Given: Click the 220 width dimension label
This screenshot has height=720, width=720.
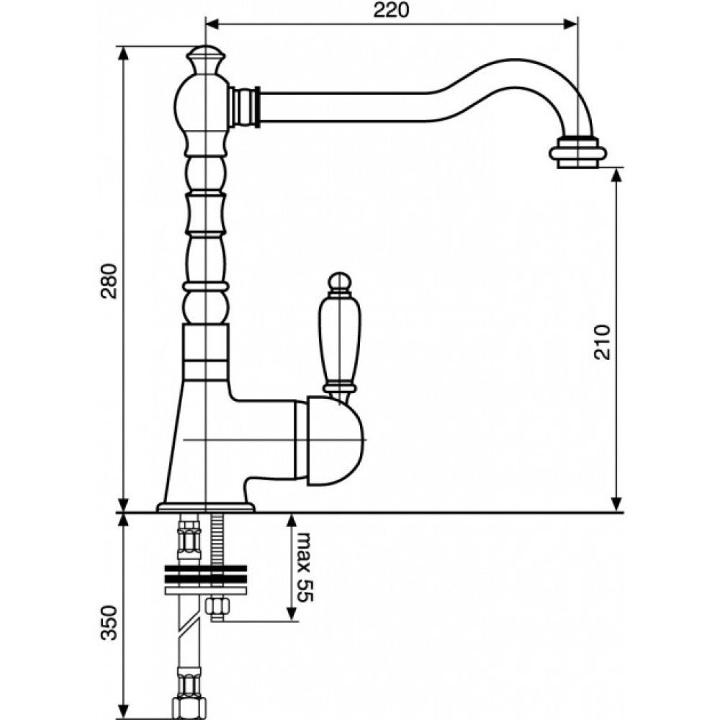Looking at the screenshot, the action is click(x=391, y=10).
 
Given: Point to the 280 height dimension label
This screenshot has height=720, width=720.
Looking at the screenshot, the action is click(x=109, y=281).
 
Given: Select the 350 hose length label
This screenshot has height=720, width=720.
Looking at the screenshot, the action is click(x=109, y=623).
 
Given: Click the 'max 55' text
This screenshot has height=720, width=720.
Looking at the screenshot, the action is click(x=305, y=567).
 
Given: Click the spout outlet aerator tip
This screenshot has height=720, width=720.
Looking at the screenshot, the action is click(x=577, y=153).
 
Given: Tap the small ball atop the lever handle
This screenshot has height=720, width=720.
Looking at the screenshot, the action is click(x=340, y=282).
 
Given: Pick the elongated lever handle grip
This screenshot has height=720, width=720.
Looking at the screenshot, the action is click(x=339, y=344).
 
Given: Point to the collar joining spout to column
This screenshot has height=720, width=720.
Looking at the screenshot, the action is click(x=245, y=106).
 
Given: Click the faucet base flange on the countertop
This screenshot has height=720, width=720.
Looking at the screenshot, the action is click(x=205, y=507).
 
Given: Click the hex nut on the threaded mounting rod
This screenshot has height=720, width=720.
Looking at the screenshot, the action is click(x=217, y=607).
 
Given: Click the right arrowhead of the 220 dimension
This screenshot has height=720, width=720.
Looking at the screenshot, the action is click(x=571, y=24).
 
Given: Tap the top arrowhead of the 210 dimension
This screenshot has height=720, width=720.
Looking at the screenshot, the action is click(x=617, y=174).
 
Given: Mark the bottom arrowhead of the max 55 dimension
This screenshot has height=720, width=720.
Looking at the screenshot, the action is click(x=292, y=615).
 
